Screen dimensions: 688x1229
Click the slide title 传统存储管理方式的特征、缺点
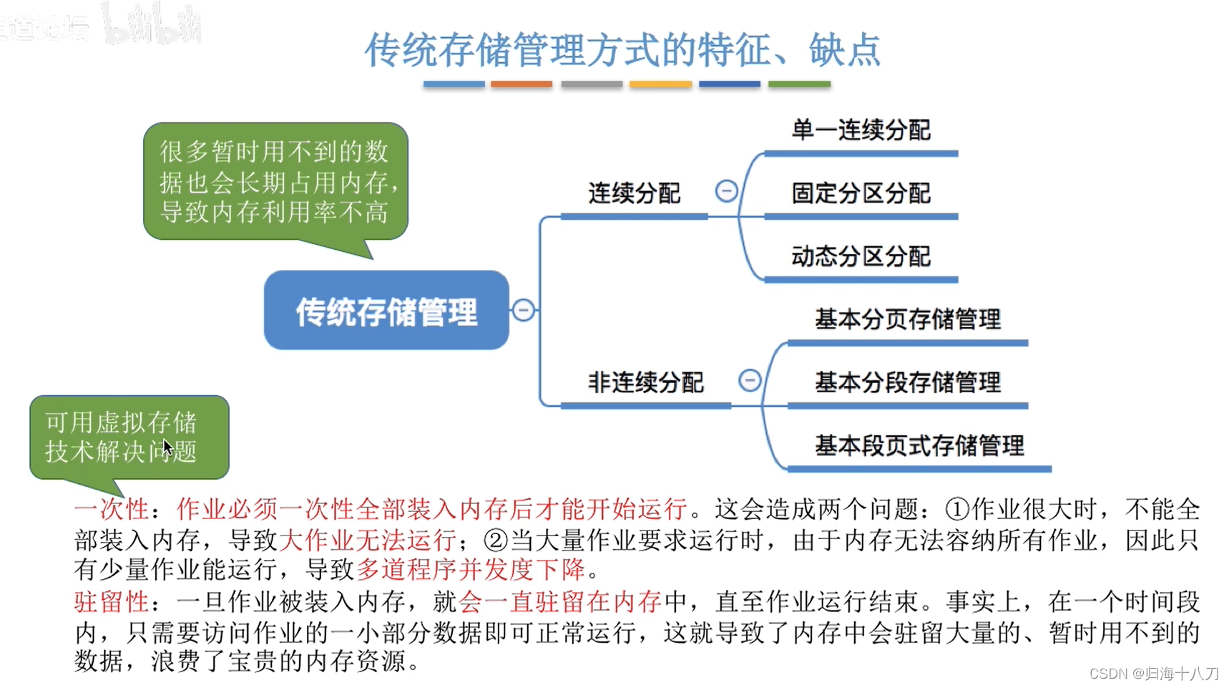tap(622, 50)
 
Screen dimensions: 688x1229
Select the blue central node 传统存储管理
tap(386, 311)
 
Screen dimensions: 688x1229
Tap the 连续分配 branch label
tap(634, 193)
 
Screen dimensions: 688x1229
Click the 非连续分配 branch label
tap(645, 382)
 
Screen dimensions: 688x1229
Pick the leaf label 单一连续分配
tap(861, 130)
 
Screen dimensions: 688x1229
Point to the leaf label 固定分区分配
tap(861, 193)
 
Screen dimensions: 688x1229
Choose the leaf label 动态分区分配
tap(861, 256)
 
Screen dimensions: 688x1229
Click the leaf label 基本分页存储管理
tap(907, 319)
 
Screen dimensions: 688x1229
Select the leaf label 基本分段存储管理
tap(907, 382)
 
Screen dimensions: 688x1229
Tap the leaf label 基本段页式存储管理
tap(919, 445)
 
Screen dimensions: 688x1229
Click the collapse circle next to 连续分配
tap(726, 191)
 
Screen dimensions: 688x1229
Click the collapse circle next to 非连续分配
tap(749, 380)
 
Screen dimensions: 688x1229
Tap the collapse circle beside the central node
tap(523, 310)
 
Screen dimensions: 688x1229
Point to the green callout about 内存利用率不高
tap(275, 182)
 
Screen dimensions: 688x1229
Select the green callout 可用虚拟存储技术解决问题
tap(129, 437)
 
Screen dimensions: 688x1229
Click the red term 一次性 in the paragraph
tap(111, 509)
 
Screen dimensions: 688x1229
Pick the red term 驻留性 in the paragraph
tap(111, 601)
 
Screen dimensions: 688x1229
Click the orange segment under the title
tap(522, 84)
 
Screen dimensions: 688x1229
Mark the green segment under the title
tap(799, 84)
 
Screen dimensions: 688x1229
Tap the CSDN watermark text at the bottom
tap(1153, 674)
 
